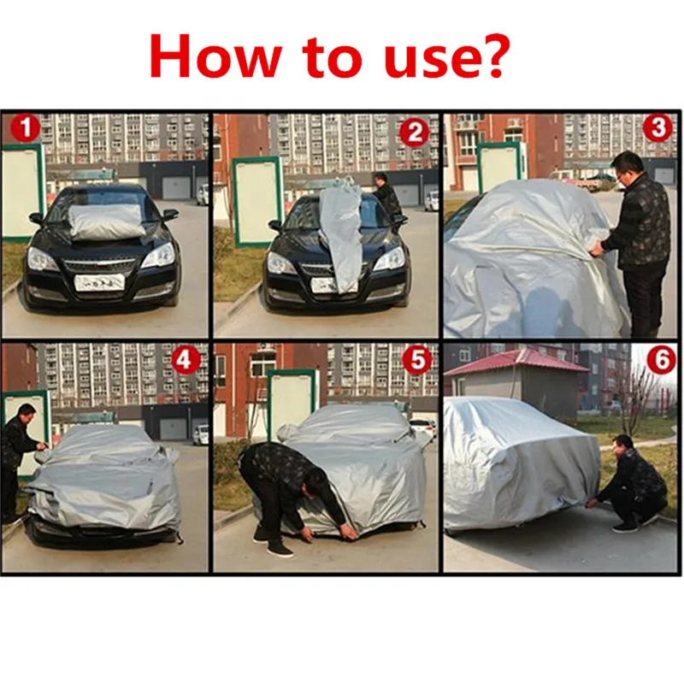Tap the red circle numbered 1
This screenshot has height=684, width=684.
(27, 130)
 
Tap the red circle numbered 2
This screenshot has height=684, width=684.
(414, 133)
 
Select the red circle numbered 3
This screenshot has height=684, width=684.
(657, 128)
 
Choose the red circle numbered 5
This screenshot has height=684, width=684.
(416, 360)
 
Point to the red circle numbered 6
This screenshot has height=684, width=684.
(660, 360)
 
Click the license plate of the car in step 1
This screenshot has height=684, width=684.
(100, 281)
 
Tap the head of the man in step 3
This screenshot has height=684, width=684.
(628, 166)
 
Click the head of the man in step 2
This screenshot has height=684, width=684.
(380, 180)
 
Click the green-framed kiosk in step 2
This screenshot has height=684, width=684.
(256, 200)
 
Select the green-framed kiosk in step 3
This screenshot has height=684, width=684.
(501, 165)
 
